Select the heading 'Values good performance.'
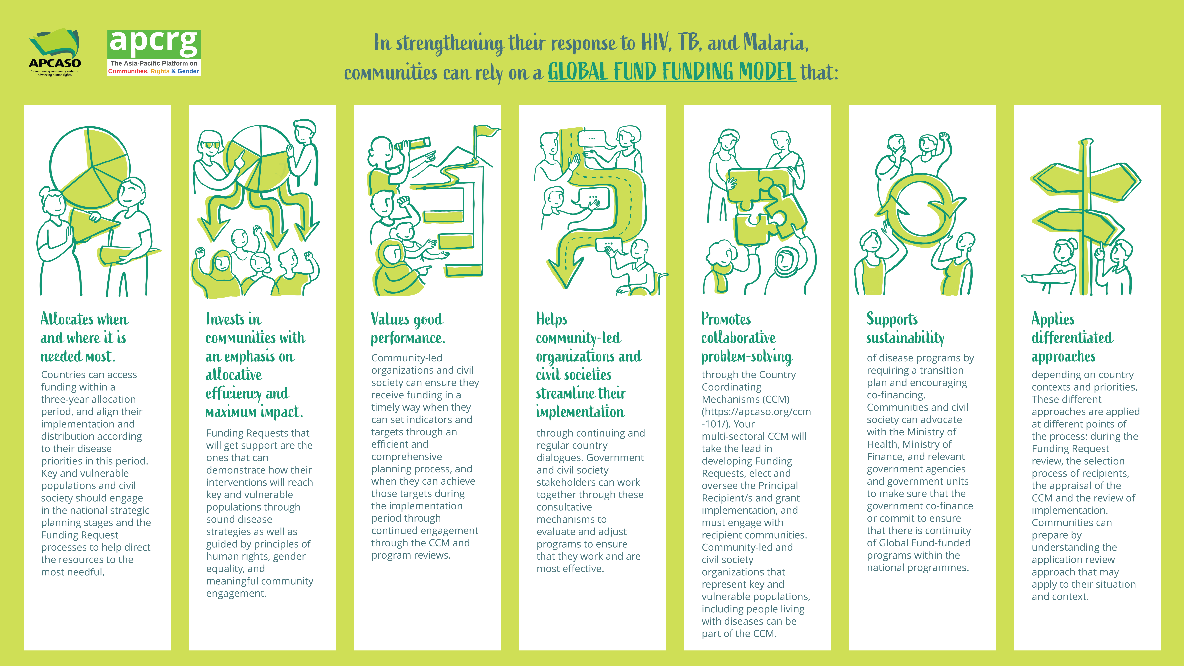(x=408, y=328)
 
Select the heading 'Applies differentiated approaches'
(x=1072, y=337)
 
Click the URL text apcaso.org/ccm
(x=756, y=417)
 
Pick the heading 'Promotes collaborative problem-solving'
(x=746, y=337)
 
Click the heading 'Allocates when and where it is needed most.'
(x=84, y=337)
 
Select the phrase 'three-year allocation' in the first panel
(x=88, y=399)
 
